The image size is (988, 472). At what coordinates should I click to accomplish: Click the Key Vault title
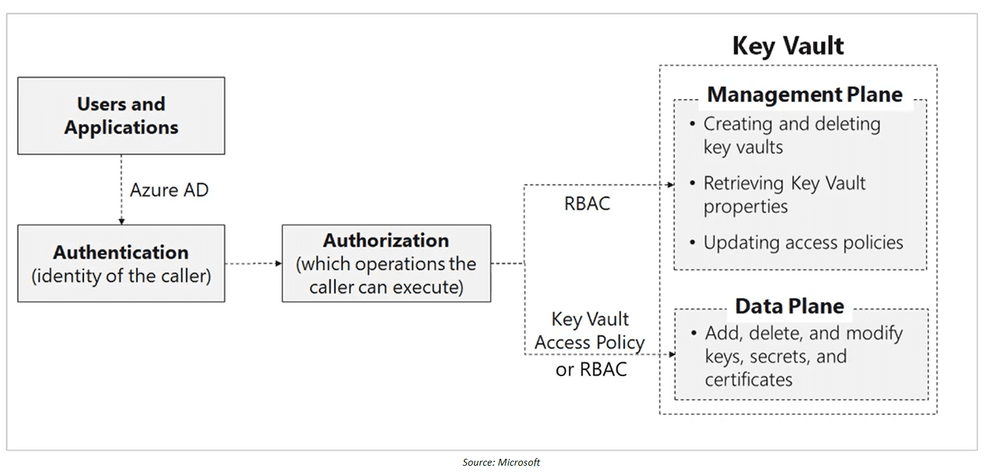(788, 46)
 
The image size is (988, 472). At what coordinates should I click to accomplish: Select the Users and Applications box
(121, 116)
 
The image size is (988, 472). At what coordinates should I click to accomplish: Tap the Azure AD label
(168, 190)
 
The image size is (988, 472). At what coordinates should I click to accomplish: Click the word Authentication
(121, 252)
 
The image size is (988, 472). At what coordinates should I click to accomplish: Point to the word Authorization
(386, 240)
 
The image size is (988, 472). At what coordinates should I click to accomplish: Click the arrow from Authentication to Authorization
(253, 264)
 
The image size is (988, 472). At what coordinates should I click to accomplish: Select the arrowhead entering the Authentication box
(121, 222)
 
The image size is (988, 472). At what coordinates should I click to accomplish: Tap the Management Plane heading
(805, 95)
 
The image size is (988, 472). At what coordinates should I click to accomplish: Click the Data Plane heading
(789, 306)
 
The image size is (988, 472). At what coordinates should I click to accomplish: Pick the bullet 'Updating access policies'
(803, 243)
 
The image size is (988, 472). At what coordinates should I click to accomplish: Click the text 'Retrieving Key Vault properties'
(784, 195)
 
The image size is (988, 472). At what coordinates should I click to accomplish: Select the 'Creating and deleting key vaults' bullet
(791, 135)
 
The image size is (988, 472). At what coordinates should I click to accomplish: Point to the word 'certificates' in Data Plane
(748, 380)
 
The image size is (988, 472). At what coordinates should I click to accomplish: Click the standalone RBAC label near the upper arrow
(587, 203)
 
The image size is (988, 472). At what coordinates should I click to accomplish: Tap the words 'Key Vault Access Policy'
(589, 331)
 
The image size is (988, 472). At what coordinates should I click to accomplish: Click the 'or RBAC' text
(590, 369)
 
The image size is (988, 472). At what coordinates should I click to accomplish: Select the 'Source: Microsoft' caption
(501, 462)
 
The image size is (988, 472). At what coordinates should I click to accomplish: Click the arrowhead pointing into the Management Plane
(671, 185)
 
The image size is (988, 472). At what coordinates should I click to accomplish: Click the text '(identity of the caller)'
(121, 276)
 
